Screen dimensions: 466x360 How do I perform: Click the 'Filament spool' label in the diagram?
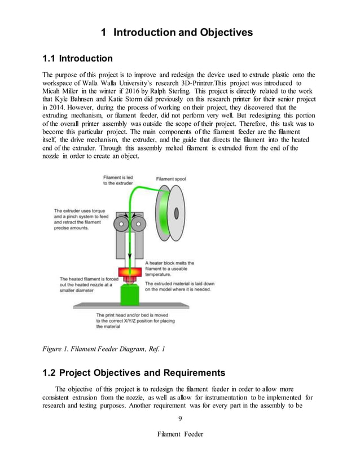click(171, 179)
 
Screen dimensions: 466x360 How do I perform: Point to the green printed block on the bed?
click(129, 294)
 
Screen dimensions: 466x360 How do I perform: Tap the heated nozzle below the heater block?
click(129, 280)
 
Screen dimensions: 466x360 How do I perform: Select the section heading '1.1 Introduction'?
click(78, 59)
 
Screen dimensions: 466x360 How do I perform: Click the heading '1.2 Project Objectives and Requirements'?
click(134, 372)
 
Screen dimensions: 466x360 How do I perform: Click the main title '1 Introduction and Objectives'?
click(177, 33)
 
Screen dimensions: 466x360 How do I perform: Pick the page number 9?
click(179, 418)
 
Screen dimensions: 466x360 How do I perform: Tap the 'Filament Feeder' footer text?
click(179, 434)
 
